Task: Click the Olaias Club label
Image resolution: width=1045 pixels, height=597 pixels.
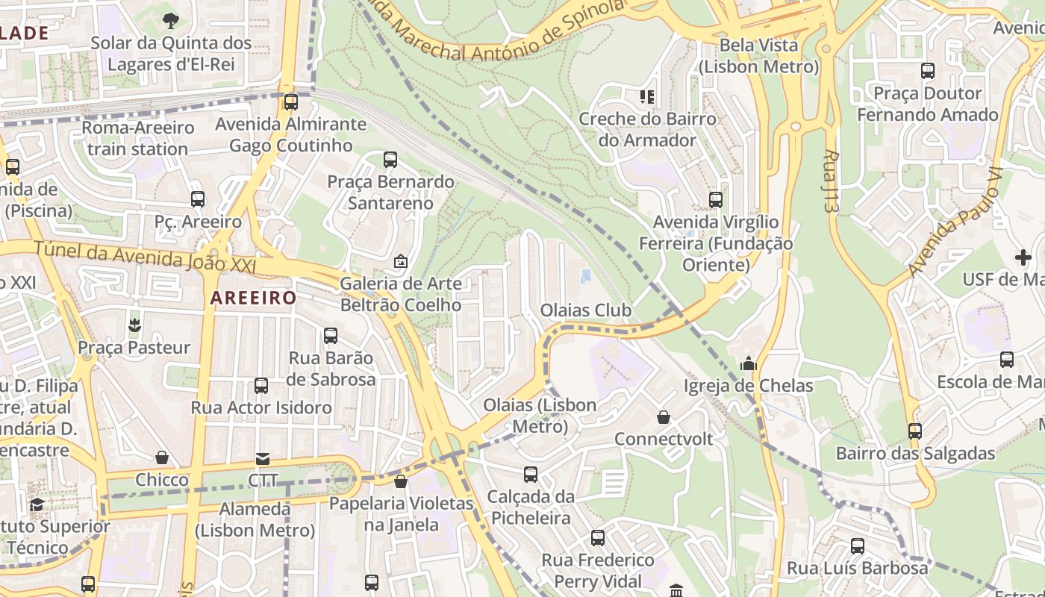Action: [x=586, y=310]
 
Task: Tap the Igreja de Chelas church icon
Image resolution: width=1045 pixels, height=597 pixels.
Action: [x=748, y=364]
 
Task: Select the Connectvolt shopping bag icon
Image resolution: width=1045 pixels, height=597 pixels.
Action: [x=663, y=417]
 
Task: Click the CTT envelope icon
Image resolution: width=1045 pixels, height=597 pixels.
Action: [x=263, y=458]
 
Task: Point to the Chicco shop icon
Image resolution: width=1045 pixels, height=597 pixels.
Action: [x=162, y=457]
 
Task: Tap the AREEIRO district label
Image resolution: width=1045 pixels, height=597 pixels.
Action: [x=253, y=298]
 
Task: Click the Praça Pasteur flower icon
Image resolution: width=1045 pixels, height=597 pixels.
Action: [x=134, y=325]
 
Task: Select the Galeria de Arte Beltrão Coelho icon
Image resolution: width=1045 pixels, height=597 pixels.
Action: [x=400, y=261]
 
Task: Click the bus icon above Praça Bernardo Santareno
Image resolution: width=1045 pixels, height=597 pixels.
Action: [x=390, y=159]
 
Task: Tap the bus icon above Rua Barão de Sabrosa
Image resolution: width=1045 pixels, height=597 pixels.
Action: [x=331, y=336]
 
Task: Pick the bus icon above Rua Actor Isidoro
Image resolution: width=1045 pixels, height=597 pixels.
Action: [x=261, y=386]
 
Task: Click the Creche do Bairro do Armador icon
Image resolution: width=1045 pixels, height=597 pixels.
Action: [x=646, y=97]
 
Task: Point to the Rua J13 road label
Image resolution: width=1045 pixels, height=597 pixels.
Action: [x=830, y=181]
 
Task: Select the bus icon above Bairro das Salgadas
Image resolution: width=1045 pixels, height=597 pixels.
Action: [x=914, y=431]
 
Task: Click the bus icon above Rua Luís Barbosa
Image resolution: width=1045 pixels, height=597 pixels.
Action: [x=857, y=546]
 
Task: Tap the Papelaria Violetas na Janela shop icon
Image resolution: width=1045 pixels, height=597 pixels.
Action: [x=401, y=481]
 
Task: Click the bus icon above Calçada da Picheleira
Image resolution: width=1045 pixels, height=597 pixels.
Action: [x=530, y=475]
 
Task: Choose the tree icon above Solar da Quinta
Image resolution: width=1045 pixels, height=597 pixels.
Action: [x=171, y=20]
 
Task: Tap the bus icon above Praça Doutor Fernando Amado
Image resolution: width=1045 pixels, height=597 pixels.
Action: [x=927, y=72]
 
